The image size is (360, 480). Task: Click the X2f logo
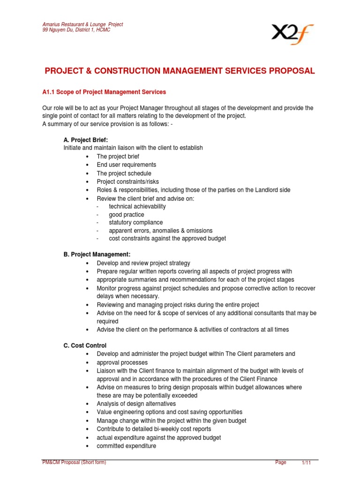tap(293, 34)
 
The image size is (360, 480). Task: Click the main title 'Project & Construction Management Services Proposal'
tap(180, 71)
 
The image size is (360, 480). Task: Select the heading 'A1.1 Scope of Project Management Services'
tap(104, 92)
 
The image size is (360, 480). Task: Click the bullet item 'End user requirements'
tap(126, 165)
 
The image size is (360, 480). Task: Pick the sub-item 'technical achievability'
tap(137, 206)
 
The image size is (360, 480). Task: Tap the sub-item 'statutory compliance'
tap(136, 222)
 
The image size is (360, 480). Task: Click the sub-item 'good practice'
tap(127, 214)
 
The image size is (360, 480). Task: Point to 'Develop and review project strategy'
tap(143, 263)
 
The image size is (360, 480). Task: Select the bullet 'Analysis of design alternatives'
tap(136, 404)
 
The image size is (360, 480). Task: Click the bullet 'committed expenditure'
tap(126, 446)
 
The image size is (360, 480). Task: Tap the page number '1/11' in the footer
tap(306, 463)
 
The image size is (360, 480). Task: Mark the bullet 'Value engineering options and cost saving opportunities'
tap(170, 412)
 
